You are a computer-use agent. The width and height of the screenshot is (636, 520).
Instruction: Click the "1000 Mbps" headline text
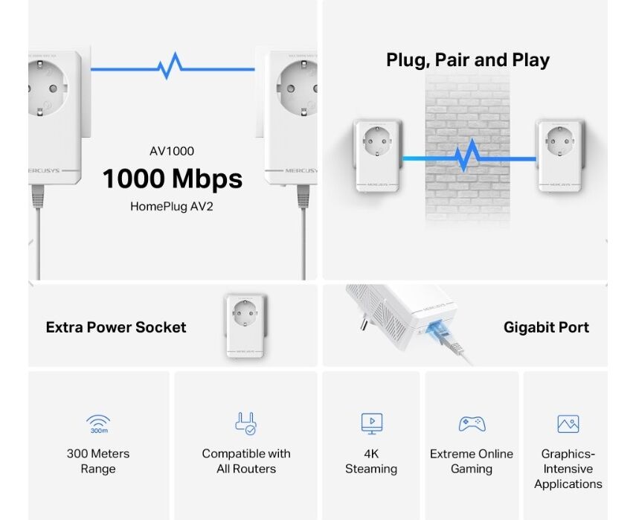coord(173,179)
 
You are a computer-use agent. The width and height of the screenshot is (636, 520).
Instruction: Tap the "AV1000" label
coord(172,151)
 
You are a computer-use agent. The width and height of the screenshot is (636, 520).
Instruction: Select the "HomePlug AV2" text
coord(172,207)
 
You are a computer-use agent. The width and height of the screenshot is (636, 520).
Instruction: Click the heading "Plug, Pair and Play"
coord(468,60)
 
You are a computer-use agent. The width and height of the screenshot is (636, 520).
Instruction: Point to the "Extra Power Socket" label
coord(116,327)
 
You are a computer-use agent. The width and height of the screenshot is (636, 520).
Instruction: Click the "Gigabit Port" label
coord(546,327)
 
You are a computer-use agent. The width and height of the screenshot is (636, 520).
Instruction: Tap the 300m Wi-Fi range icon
coord(99,424)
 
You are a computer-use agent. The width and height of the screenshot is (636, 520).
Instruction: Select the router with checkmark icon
coord(245,423)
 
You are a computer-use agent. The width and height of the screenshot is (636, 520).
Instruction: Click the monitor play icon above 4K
coord(371,423)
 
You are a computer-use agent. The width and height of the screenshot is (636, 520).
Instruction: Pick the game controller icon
coord(472,424)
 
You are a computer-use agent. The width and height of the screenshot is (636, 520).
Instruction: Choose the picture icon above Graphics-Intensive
coord(568,424)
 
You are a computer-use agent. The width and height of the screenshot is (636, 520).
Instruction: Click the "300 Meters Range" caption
coord(98,461)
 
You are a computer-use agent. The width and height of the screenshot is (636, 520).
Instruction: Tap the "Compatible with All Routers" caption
coord(246,461)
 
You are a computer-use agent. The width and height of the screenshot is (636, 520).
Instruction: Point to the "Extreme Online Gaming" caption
coord(472,461)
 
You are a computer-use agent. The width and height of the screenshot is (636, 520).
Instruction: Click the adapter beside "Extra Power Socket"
coord(245,326)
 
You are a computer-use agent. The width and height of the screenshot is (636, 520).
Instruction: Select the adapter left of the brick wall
coord(378,155)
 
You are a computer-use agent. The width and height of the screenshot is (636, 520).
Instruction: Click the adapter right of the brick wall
coord(559,155)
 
